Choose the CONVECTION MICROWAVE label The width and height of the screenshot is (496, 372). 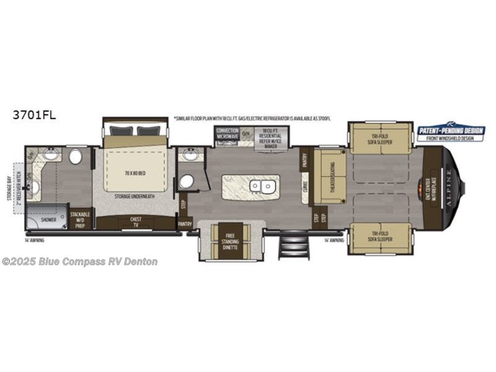point(227,132)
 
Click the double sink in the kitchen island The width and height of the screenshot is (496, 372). point(261,185)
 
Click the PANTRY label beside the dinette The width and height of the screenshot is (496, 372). point(184,225)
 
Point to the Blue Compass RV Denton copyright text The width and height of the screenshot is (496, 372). point(79,262)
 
